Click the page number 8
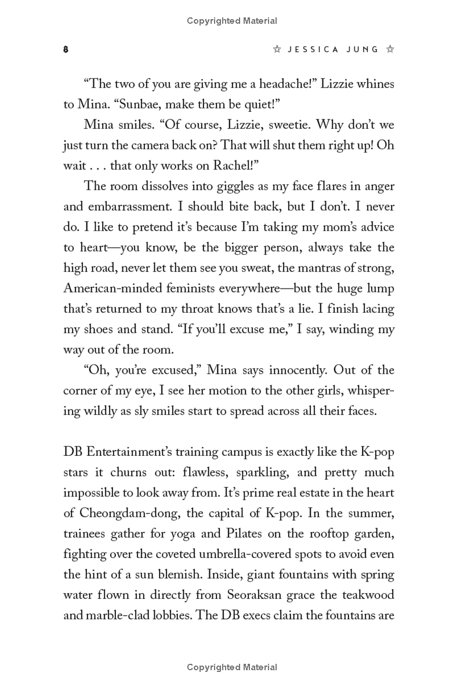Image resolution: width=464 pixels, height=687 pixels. pos(66,50)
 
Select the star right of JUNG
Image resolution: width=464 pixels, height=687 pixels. pos(390,50)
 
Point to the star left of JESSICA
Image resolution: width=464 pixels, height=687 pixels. pos(277,50)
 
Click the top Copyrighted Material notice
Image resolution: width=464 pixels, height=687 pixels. pos(232,21)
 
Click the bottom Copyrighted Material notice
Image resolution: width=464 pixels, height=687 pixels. pos(232,667)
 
